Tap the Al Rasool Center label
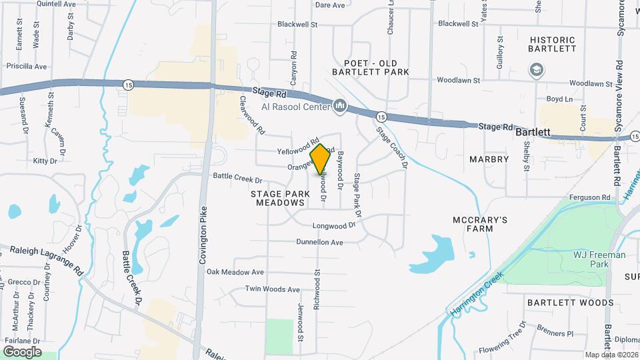295,107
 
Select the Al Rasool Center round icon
341,105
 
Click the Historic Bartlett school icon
535,69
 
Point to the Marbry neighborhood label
489,159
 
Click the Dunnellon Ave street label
319,242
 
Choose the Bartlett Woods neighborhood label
570,303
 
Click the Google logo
22,351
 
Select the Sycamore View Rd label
619,67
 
